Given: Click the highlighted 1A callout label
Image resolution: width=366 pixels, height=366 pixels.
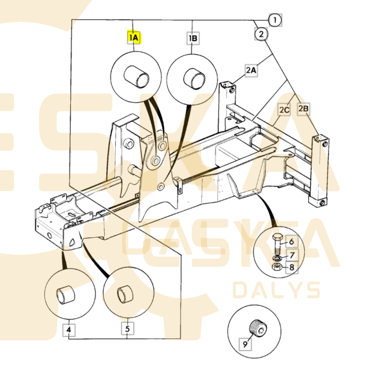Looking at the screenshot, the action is tap(134, 37).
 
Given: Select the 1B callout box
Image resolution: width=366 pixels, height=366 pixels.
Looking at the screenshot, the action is tap(193, 38).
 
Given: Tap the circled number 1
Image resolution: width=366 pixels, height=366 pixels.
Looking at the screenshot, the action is tap(275, 20).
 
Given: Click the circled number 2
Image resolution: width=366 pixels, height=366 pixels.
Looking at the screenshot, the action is tap(261, 34).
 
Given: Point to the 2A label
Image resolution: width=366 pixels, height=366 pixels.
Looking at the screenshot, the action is tap(251, 70).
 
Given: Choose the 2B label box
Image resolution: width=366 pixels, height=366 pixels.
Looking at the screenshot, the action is tap(304, 109).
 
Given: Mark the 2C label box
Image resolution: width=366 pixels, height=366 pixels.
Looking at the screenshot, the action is tap(284, 110).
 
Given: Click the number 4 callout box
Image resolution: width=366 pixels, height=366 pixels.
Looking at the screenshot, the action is tap(69, 329).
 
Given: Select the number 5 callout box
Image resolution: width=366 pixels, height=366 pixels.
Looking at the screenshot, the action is tap(127, 329).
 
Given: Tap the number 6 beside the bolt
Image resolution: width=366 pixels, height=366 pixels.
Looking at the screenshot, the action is tap(291, 241).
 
